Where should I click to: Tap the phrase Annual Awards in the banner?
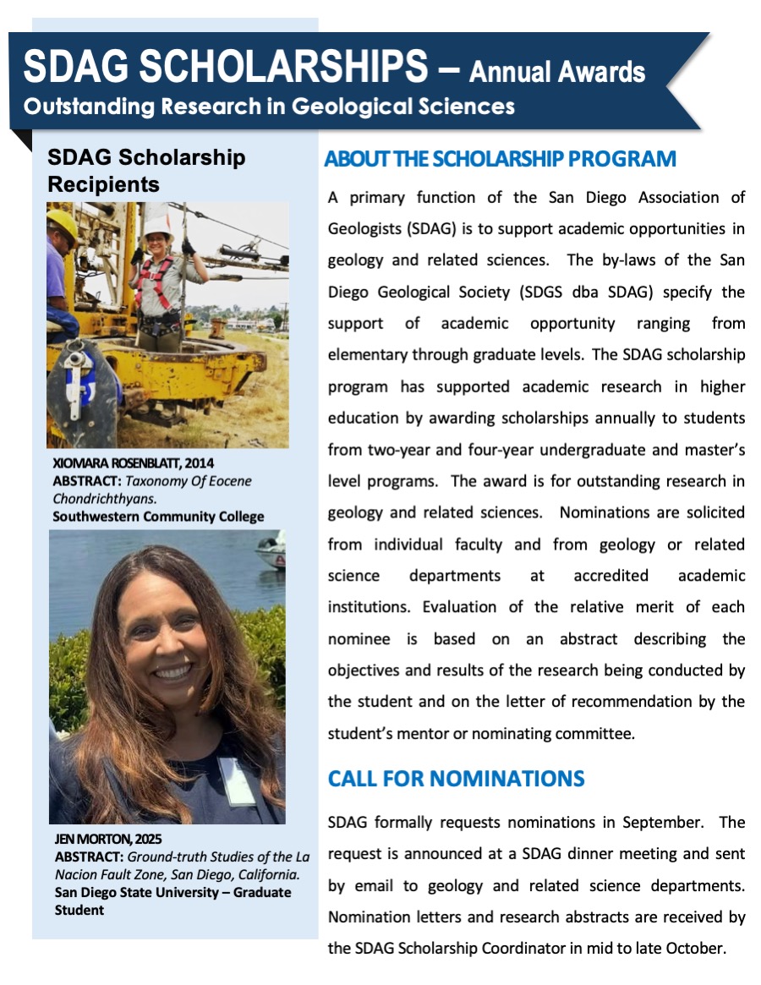(x=557, y=72)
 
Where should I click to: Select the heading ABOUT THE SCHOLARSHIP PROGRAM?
(x=500, y=159)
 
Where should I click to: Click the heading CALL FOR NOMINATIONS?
(x=456, y=778)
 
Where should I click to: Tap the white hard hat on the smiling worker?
(x=158, y=226)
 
